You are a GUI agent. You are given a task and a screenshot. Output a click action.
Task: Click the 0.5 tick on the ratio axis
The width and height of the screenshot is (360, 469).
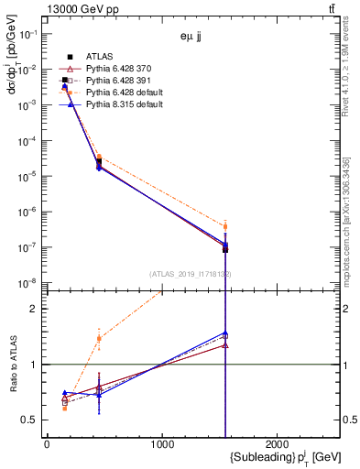tap(29, 420)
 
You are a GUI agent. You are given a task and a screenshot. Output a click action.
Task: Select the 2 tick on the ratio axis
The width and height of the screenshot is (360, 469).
tap(34, 309)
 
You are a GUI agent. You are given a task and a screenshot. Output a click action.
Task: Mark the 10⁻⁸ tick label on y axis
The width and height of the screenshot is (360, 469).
tap(26, 283)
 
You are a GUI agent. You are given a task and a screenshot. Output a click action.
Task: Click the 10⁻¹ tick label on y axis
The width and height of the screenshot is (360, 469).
tap(26, 34)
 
